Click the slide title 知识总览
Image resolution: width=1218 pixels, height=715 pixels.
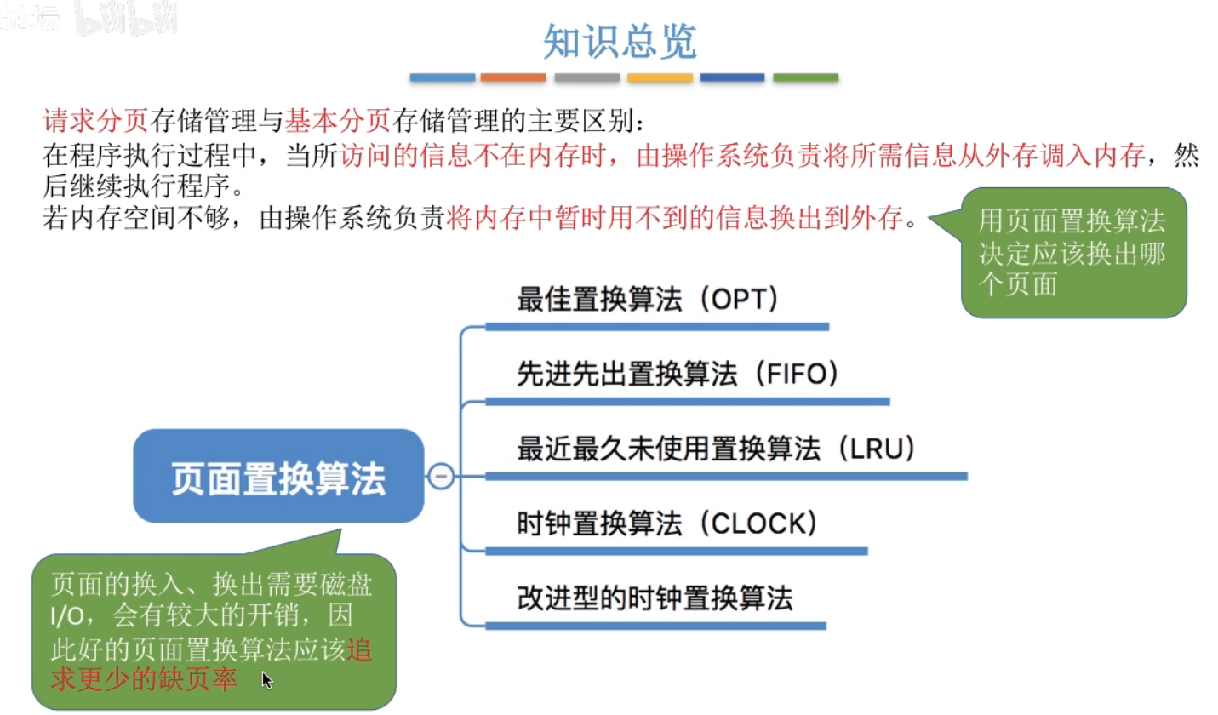(620, 41)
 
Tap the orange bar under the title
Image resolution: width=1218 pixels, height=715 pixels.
(512, 77)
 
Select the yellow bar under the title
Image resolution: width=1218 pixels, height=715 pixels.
(660, 77)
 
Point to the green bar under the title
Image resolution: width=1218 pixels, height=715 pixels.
(805, 77)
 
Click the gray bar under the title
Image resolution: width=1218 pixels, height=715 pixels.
(586, 77)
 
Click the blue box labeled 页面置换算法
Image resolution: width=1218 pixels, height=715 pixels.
(278, 477)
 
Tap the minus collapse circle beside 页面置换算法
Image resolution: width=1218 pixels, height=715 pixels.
(441, 477)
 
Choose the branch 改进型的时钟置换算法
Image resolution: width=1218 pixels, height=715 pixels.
(655, 598)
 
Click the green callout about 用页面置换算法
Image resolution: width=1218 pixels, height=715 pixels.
(1072, 254)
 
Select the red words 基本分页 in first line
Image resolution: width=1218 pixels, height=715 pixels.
(337, 122)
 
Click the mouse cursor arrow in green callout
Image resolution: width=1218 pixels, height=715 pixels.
(266, 679)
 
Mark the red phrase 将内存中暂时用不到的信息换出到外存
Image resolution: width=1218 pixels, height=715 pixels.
(673, 220)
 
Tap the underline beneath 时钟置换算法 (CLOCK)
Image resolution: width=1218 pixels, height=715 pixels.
(676, 551)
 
